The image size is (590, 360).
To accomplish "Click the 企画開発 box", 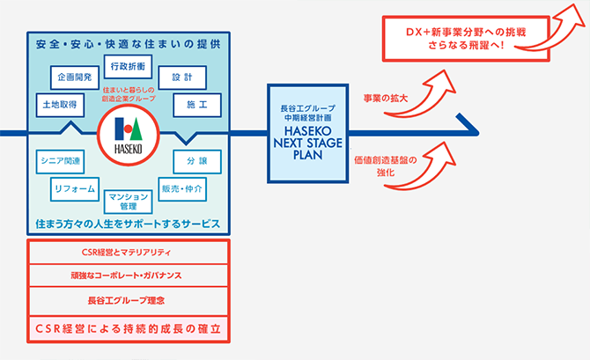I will tap(75, 76).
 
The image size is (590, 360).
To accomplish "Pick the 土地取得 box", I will tap(59, 104).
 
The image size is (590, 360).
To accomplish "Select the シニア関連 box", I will tap(59, 161).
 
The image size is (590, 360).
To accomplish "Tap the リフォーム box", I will tap(75, 188).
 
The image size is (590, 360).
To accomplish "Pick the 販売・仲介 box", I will tap(182, 188).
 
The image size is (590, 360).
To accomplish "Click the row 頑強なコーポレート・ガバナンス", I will tap(129, 276).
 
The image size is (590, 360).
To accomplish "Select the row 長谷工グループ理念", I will tap(129, 300).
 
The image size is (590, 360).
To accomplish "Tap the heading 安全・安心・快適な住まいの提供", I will tap(129, 43).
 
